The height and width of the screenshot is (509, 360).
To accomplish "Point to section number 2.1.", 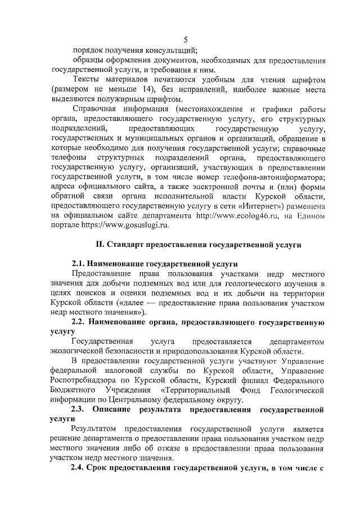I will (x=80, y=264).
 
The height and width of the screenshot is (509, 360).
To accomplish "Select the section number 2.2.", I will (x=80, y=322).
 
